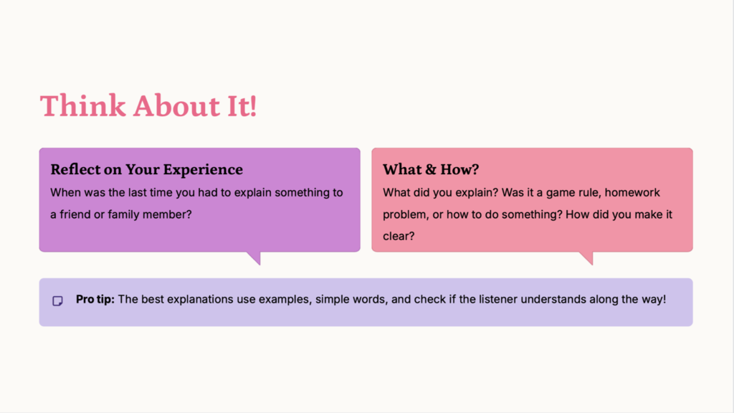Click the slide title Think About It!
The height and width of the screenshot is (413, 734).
(x=148, y=105)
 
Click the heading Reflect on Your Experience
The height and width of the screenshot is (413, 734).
(x=146, y=169)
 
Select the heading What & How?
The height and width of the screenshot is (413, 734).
(x=431, y=169)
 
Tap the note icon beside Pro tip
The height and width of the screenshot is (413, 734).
(x=57, y=300)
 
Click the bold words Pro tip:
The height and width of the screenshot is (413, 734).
(x=95, y=299)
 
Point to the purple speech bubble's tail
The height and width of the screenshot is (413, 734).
(x=254, y=258)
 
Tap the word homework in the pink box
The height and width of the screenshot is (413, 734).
(x=632, y=192)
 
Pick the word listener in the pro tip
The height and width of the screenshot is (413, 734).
(x=498, y=299)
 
